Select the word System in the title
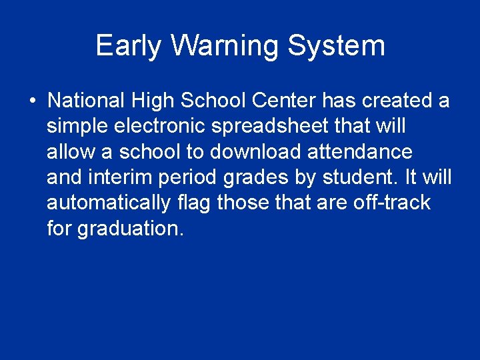pyautogui.click(x=337, y=46)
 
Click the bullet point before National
pyautogui.click(x=32, y=101)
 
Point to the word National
pyautogui.click(x=85, y=101)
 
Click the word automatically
pyautogui.click(x=108, y=203)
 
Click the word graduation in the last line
pyautogui.click(x=129, y=228)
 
